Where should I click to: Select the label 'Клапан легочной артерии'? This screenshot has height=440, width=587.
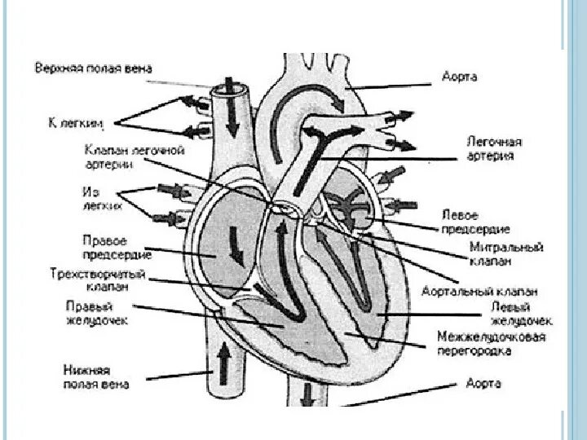134,156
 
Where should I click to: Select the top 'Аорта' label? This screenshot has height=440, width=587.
459,77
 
